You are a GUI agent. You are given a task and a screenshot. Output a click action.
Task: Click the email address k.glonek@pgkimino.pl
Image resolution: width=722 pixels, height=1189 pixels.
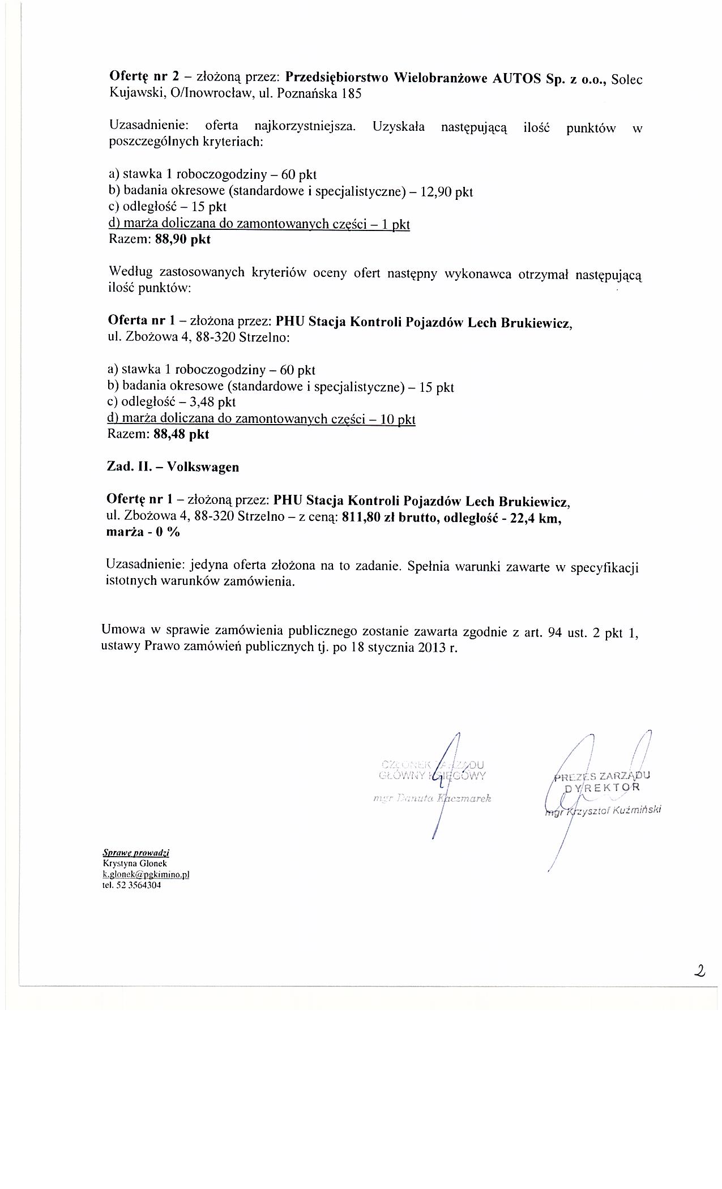[146, 874]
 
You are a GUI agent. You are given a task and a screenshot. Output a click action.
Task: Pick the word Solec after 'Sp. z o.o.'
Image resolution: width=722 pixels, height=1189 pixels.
[627, 79]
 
